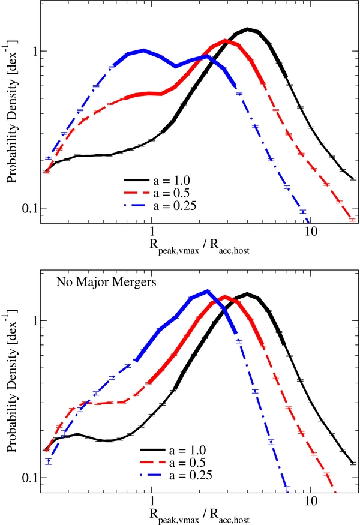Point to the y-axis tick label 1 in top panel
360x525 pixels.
pyautogui.click(x=34, y=51)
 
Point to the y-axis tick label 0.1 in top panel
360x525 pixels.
pyautogui.click(x=29, y=209)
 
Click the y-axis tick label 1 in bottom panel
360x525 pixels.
pyautogui.click(x=34, y=320)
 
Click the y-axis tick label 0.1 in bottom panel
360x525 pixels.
pyautogui.click(x=29, y=478)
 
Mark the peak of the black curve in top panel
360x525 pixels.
pyautogui.click(x=247, y=29)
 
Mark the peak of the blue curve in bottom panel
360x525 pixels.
pyautogui.click(x=207, y=291)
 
